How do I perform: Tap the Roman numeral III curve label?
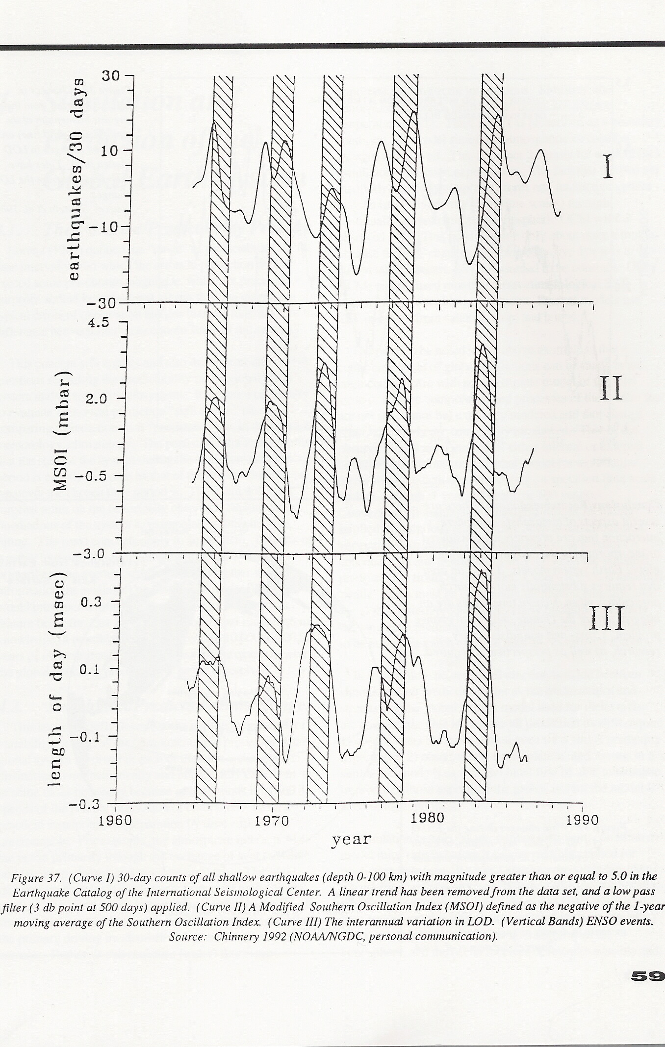(x=606, y=618)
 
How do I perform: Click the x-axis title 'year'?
(x=351, y=839)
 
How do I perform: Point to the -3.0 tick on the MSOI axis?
(x=93, y=554)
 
